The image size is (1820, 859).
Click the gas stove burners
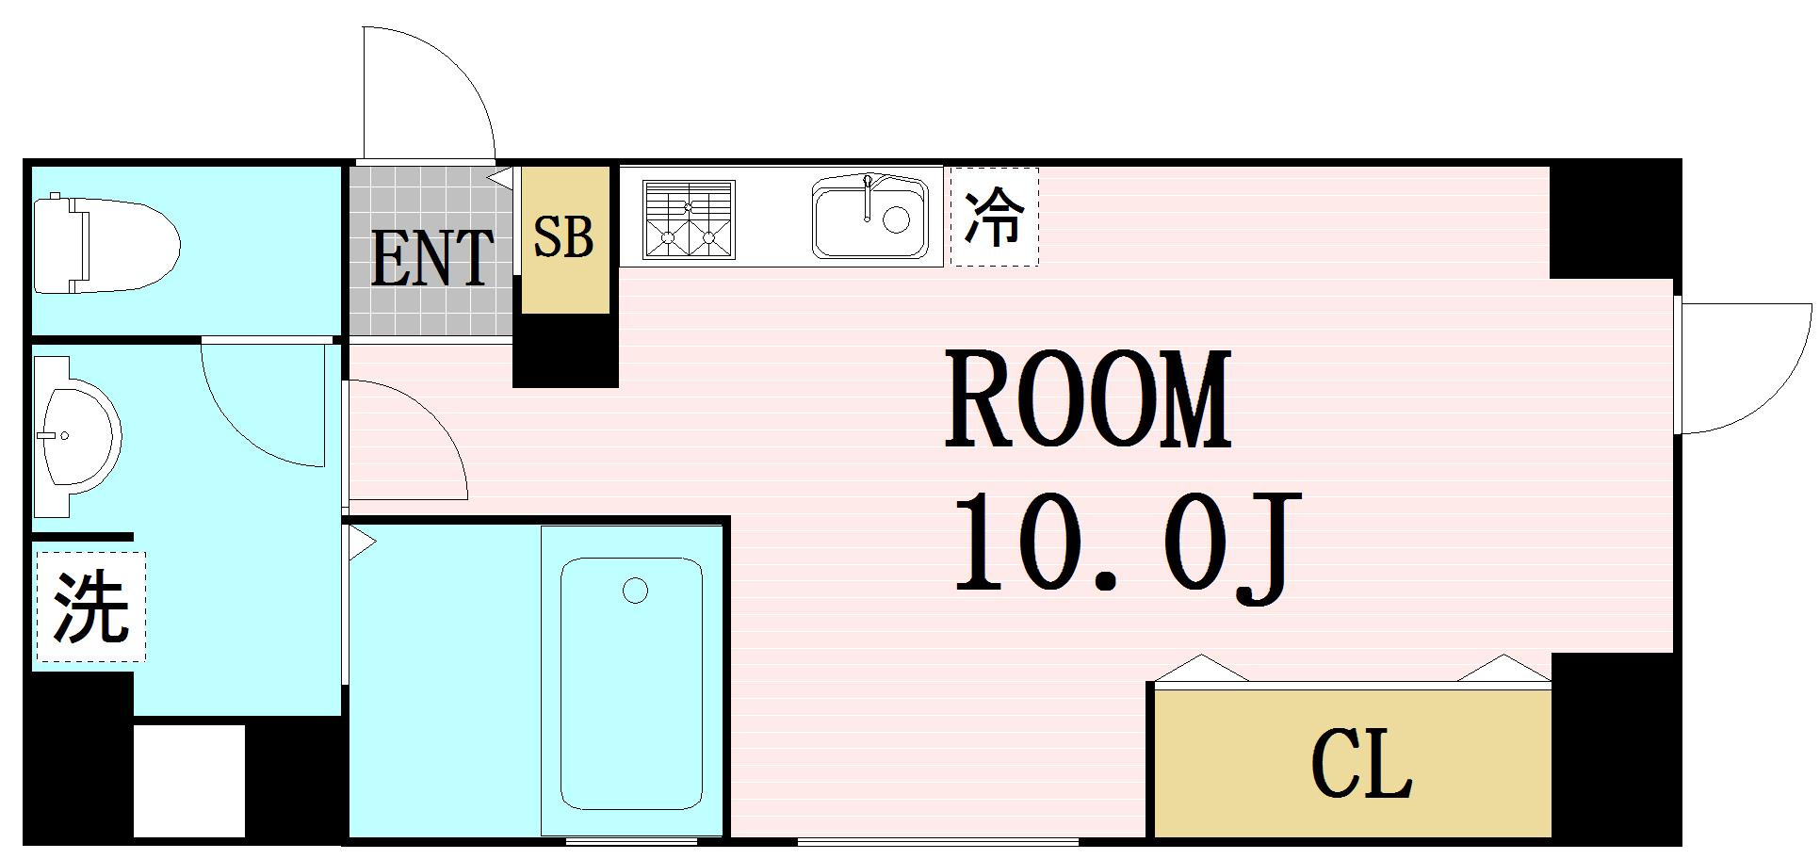(x=688, y=219)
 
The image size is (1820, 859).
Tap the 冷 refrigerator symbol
(x=995, y=217)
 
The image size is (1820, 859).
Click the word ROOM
(x=1088, y=399)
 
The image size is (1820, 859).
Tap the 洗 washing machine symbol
(x=90, y=607)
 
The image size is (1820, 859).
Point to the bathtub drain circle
(x=635, y=592)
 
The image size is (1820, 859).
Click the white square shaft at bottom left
(x=188, y=780)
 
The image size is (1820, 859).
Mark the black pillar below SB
(x=565, y=350)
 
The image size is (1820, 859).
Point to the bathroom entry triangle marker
(x=361, y=543)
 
